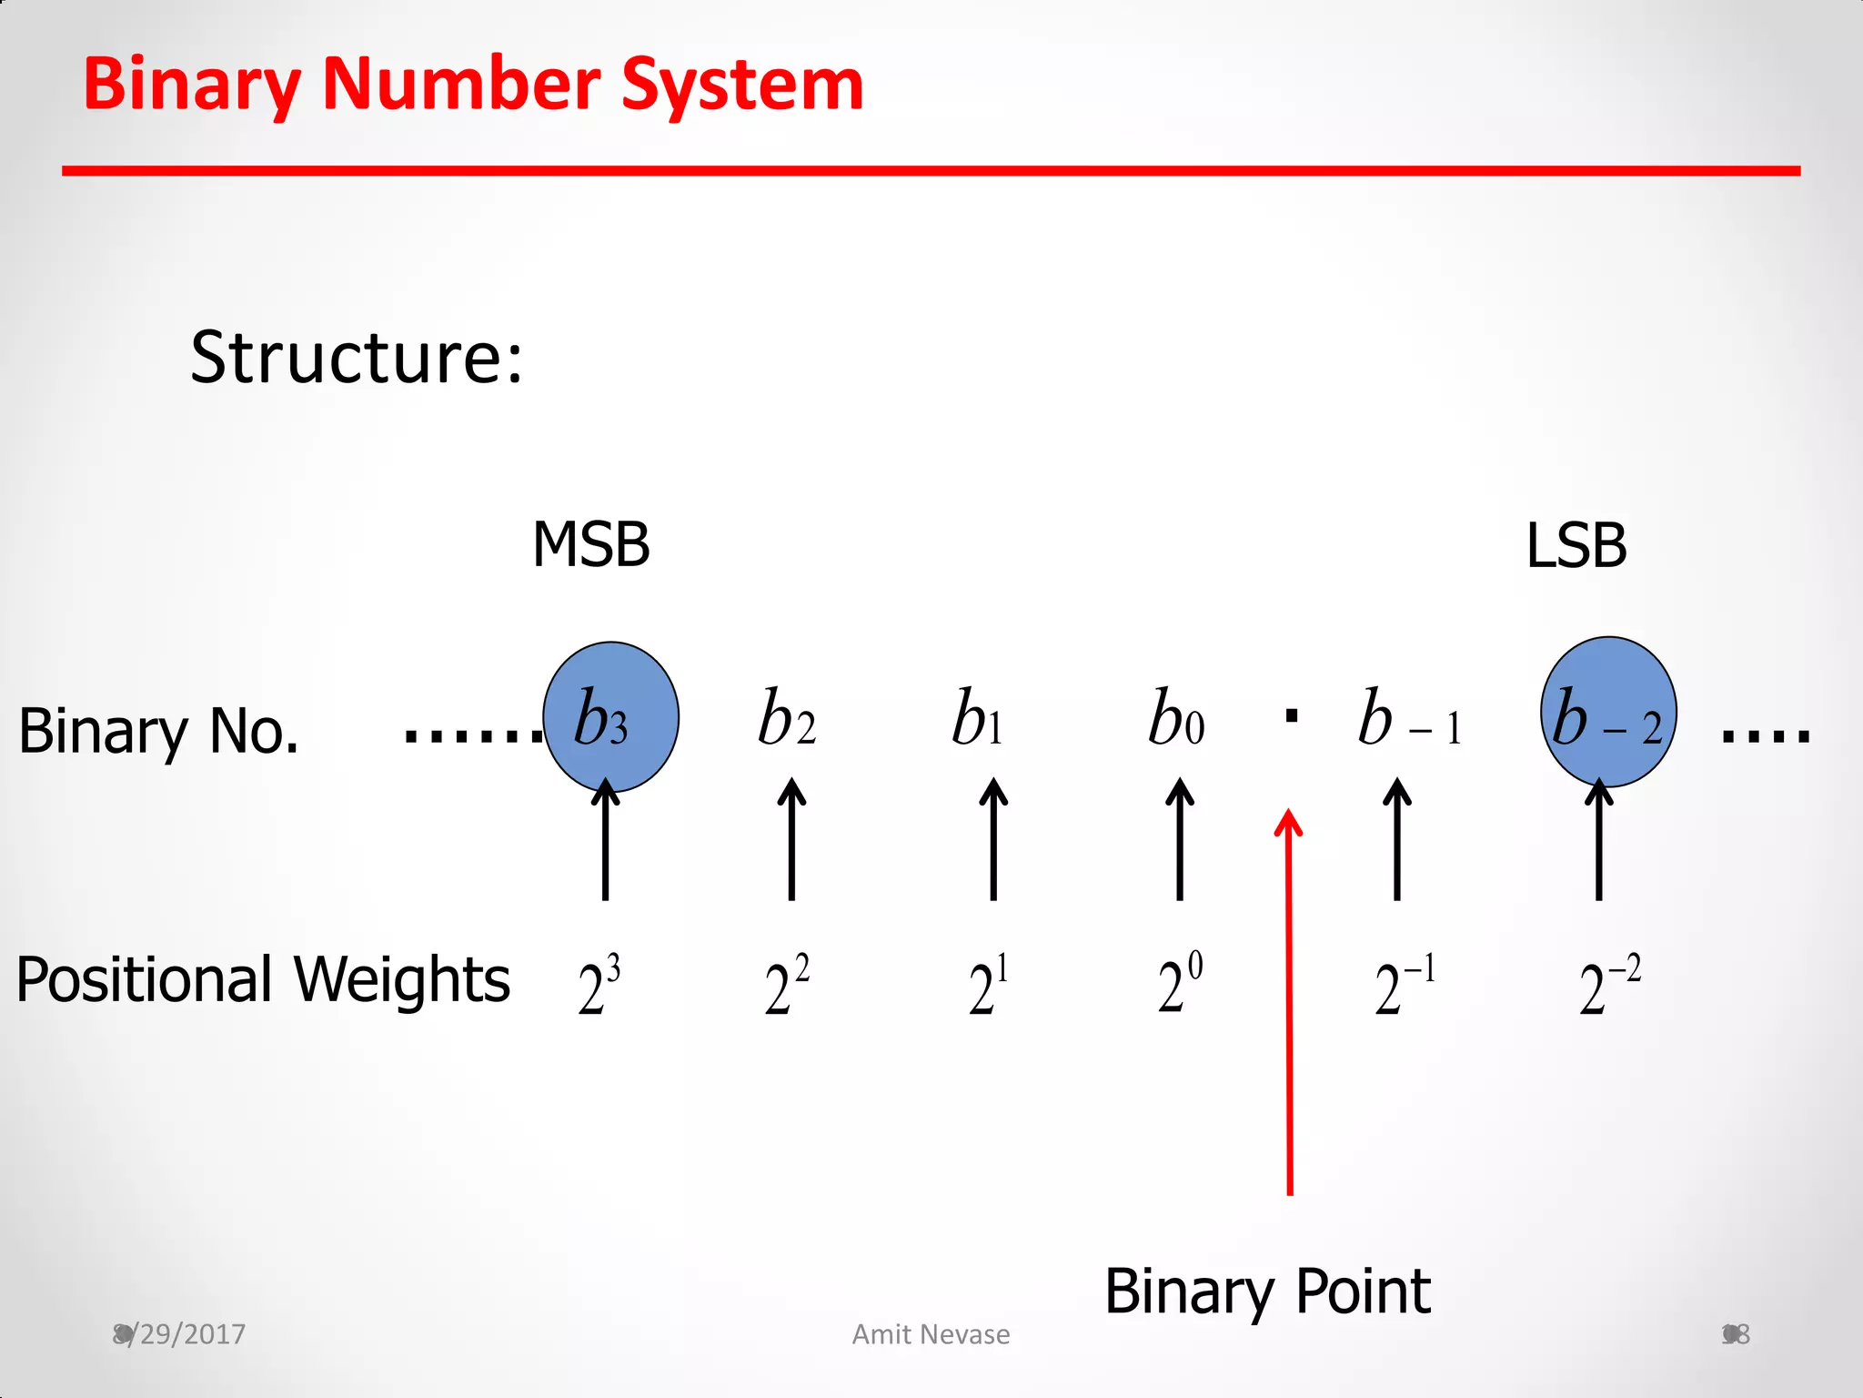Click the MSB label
(x=591, y=545)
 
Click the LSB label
(x=1576, y=546)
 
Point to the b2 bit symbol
(x=788, y=718)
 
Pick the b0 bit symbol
(x=1176, y=718)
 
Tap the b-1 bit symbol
(x=1409, y=719)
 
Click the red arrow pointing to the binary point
(x=1289, y=1001)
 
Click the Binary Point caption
(x=1268, y=1292)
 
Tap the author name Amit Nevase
(x=931, y=1334)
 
